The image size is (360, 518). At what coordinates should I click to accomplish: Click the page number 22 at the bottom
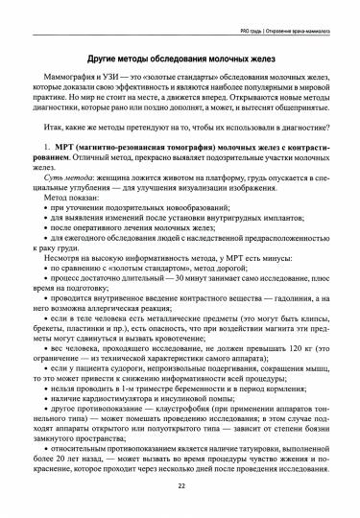(180, 486)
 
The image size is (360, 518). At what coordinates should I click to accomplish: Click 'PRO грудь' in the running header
(245, 11)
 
